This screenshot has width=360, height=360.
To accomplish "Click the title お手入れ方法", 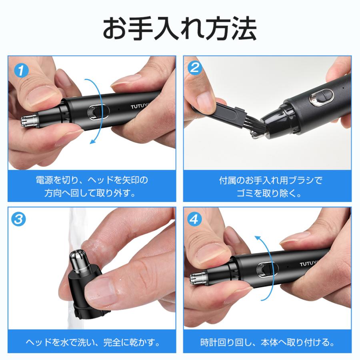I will (x=180, y=28).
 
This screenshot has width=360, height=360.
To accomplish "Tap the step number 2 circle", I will (x=195, y=68).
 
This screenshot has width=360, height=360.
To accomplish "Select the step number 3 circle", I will (x=20, y=219).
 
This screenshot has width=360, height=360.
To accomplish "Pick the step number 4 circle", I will (x=195, y=219).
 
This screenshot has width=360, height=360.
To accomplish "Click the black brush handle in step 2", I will (x=218, y=114).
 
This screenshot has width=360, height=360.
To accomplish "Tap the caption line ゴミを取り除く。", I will (x=268, y=193).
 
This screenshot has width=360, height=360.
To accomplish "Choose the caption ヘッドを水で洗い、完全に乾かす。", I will (x=92, y=342).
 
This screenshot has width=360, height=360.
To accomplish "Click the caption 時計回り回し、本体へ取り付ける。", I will (x=267, y=342).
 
